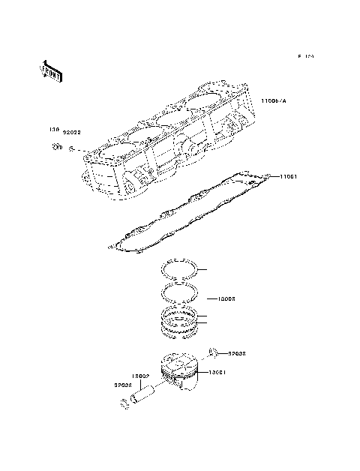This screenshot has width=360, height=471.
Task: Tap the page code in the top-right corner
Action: point(304,56)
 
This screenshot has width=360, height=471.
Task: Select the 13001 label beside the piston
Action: point(217,372)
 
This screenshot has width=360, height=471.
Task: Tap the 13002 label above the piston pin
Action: point(142,376)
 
